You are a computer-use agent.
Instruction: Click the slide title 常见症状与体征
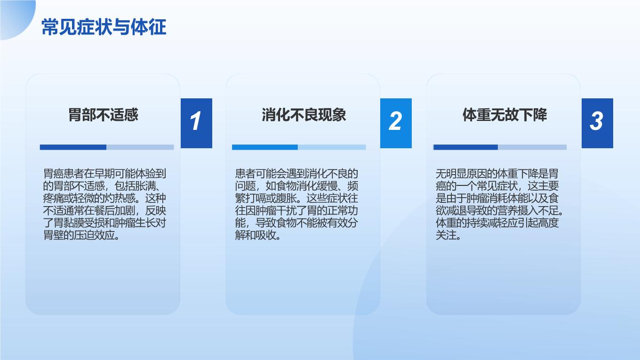[104, 27]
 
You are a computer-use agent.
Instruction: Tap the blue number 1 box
[197, 123]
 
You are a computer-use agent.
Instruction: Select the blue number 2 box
[396, 123]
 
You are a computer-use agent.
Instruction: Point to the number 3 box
[598, 123]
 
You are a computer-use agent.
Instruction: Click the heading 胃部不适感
[103, 115]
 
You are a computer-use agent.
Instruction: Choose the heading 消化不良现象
[304, 115]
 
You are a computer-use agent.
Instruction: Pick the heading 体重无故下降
[505, 115]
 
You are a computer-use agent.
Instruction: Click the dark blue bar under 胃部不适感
[73, 147]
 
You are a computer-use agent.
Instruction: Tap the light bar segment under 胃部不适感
[140, 147]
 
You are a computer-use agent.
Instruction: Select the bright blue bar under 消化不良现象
[265, 147]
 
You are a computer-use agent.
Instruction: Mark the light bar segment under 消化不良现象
[332, 147]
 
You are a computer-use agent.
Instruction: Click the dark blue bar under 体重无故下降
[466, 147]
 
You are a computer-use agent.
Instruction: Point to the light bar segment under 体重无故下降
[532, 147]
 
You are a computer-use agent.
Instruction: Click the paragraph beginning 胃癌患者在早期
[104, 204]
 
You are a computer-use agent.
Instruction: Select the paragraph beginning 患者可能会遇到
[296, 204]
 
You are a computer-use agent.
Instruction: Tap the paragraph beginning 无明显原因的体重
[500, 204]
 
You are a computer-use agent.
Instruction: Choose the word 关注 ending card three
[446, 235]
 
